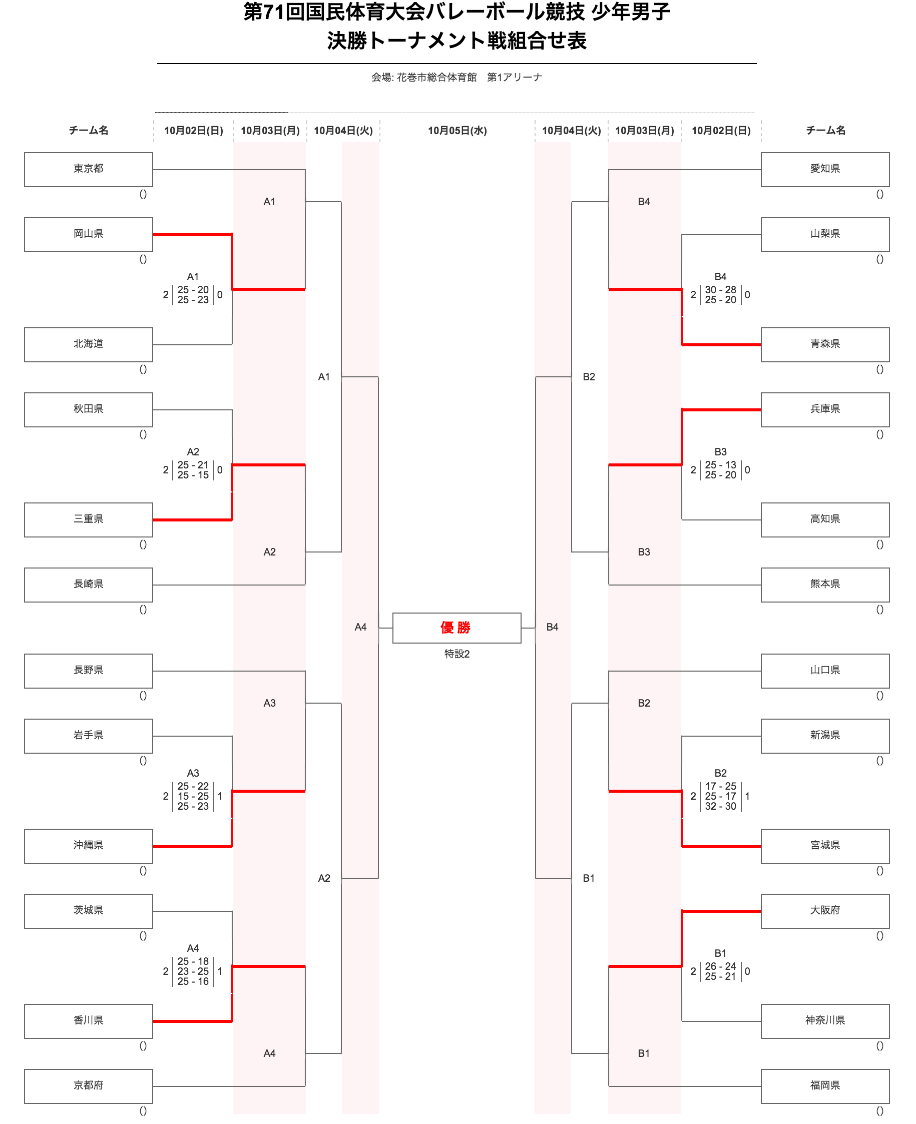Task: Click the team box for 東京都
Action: [88, 169]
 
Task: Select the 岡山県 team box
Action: [88, 234]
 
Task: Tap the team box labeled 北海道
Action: [88, 344]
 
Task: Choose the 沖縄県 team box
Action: [88, 846]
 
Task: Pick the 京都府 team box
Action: [88, 1085]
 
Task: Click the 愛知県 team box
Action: [825, 169]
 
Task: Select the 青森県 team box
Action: [825, 344]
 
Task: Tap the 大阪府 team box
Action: [825, 910]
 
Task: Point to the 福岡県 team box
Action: [825, 1085]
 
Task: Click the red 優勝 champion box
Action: [456, 628]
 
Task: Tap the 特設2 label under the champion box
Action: [456, 654]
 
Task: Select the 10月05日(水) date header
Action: [457, 131]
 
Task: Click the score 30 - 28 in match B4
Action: [720, 290]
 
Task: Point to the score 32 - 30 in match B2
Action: [720, 806]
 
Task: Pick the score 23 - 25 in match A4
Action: [193, 971]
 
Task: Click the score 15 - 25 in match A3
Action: [193, 796]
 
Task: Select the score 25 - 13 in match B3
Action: [720, 465]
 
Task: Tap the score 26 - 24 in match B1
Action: [720, 966]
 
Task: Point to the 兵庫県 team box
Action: [825, 409]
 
